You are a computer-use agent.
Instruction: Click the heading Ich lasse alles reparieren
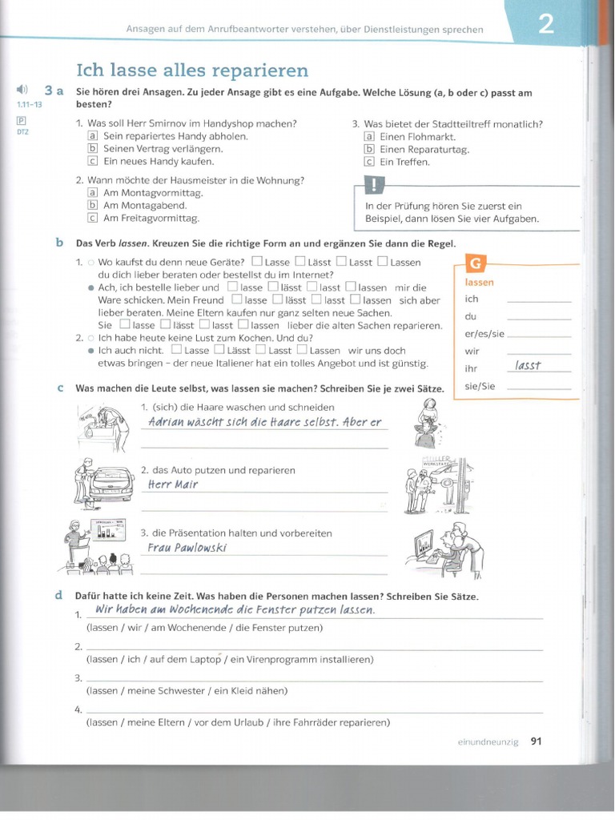tap(191, 70)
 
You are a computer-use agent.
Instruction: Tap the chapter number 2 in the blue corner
tap(545, 25)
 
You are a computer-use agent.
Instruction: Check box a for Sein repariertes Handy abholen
tap(92, 136)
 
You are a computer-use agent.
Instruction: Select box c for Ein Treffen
tap(368, 162)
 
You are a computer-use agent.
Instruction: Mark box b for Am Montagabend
tap(92, 205)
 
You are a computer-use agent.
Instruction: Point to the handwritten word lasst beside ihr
tap(529, 365)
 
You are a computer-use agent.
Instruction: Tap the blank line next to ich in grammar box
tap(539, 299)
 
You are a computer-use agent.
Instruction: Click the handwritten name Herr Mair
tap(173, 484)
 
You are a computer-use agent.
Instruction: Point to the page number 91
tap(537, 742)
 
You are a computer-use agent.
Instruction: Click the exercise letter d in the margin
tap(59, 596)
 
